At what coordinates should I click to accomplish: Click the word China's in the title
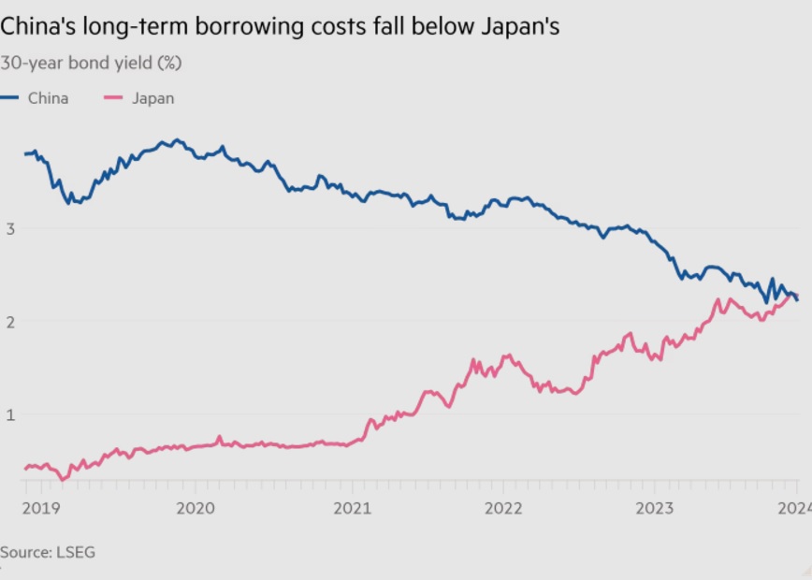pos(40,27)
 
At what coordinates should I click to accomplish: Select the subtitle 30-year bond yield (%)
pos(91,64)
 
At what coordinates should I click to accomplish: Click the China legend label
pos(48,98)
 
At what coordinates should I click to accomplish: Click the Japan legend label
pos(152,98)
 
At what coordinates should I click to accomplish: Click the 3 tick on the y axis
pos(10,228)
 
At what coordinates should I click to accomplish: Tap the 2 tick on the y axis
pos(10,322)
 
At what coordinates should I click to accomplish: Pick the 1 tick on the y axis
pos(10,414)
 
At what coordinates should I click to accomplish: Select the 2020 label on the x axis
pos(196,508)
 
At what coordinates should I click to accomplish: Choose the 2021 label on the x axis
pos(350,508)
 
